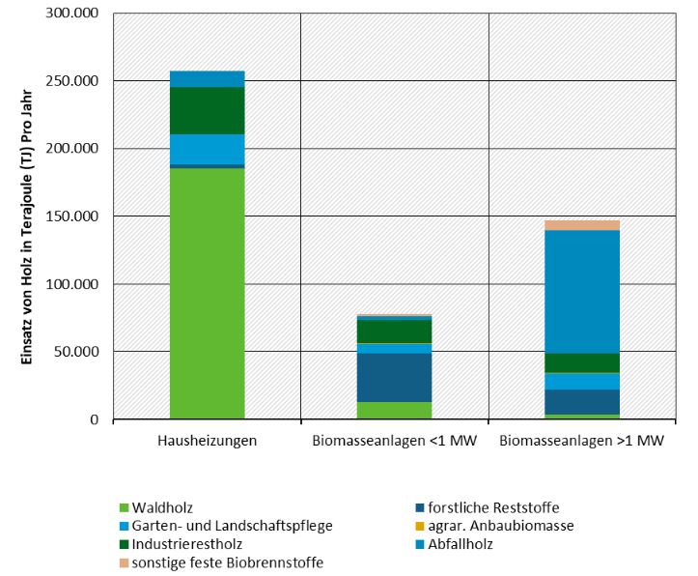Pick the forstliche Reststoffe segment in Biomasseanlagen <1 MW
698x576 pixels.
(394, 377)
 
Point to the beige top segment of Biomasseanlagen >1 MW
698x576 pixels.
(582, 225)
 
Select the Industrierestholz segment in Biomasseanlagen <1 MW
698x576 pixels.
(394, 331)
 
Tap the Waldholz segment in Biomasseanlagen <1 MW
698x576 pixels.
(394, 411)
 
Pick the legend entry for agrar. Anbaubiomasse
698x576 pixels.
(501, 526)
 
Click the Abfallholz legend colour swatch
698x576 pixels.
(417, 544)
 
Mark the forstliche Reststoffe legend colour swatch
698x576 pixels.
(417, 507)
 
